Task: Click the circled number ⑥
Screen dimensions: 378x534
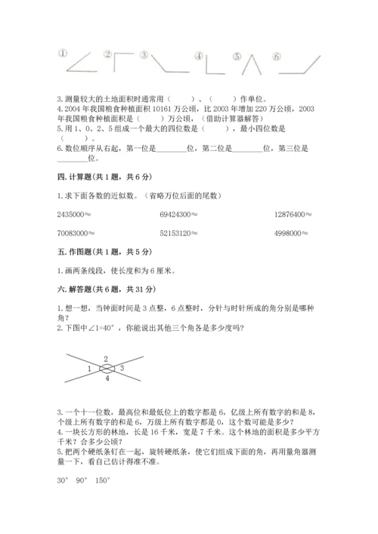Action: click(x=277, y=56)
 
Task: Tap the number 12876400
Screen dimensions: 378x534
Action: click(x=293, y=215)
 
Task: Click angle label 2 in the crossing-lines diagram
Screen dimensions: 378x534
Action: click(x=106, y=359)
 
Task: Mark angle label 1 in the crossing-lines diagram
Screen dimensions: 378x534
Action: click(x=90, y=368)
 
